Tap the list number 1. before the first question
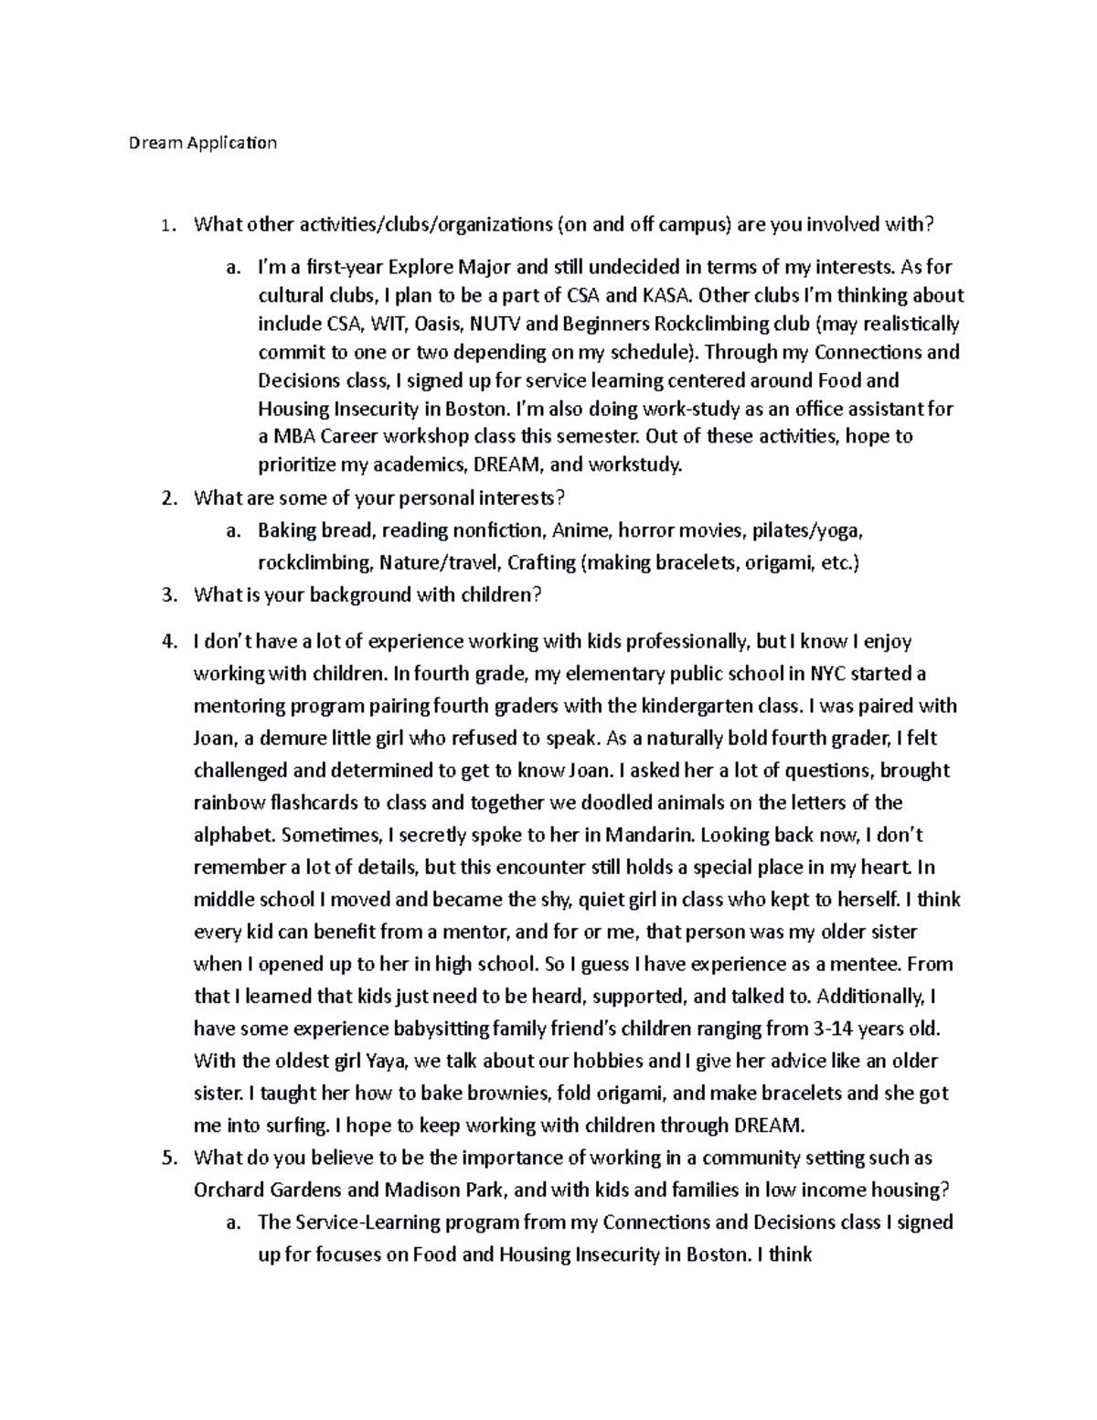click(x=165, y=226)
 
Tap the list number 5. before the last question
click(x=166, y=1158)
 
